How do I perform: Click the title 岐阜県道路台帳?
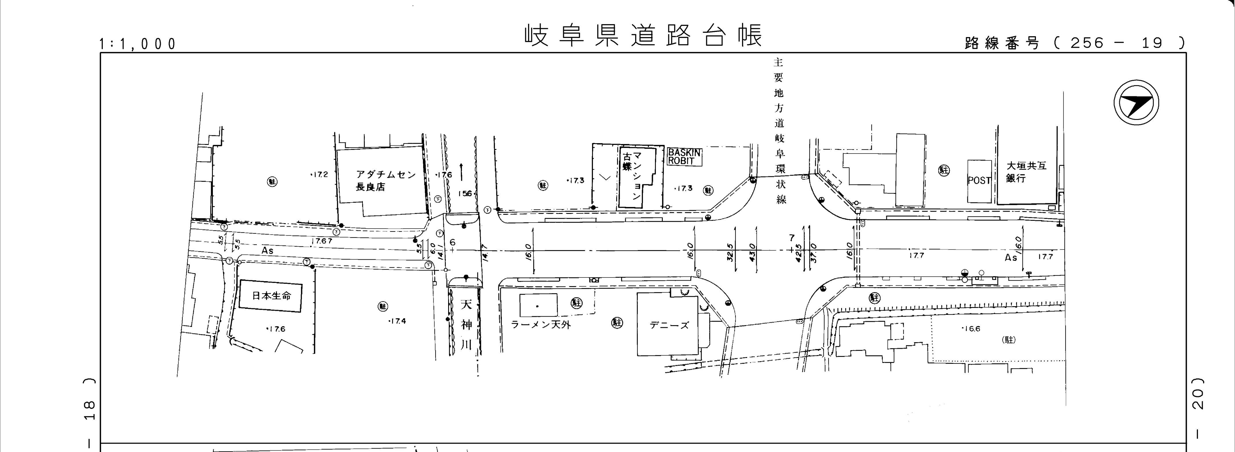(642, 35)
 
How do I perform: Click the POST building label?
(979, 180)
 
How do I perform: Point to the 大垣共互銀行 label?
(1026, 172)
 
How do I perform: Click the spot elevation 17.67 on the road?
(322, 241)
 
